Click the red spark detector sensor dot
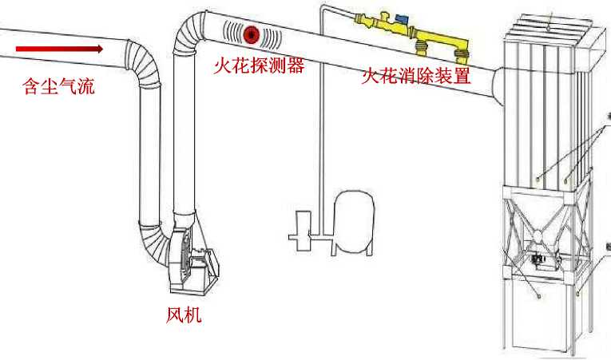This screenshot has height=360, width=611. coord(253,34)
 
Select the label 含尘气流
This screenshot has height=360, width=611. coord(58,85)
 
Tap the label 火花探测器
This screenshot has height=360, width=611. coord(259,66)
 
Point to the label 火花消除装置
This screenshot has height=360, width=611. coord(415,77)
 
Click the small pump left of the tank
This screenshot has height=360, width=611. coord(302,227)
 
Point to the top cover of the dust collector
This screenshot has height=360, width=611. coord(551,31)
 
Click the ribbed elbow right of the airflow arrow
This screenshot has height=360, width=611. coord(147,64)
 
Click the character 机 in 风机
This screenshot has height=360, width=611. coord(192,315)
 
